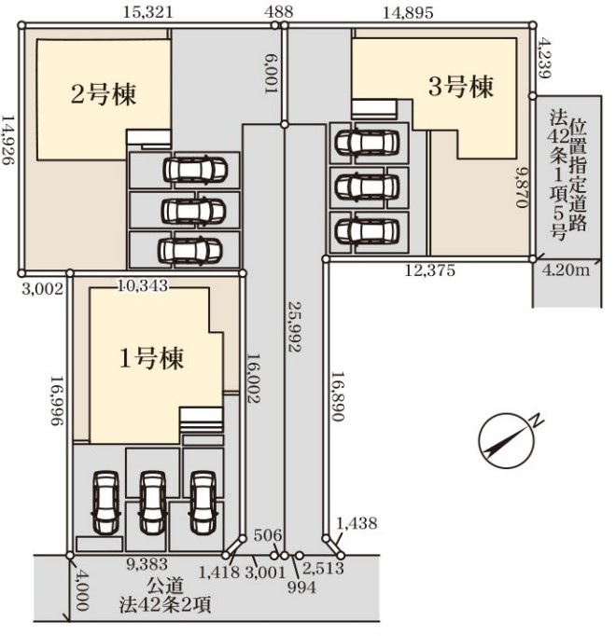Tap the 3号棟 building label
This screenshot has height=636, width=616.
(460, 88)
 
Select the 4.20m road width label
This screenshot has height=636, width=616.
(567, 271)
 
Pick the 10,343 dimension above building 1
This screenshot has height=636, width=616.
(142, 285)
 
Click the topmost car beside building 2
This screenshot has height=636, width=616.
(193, 170)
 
